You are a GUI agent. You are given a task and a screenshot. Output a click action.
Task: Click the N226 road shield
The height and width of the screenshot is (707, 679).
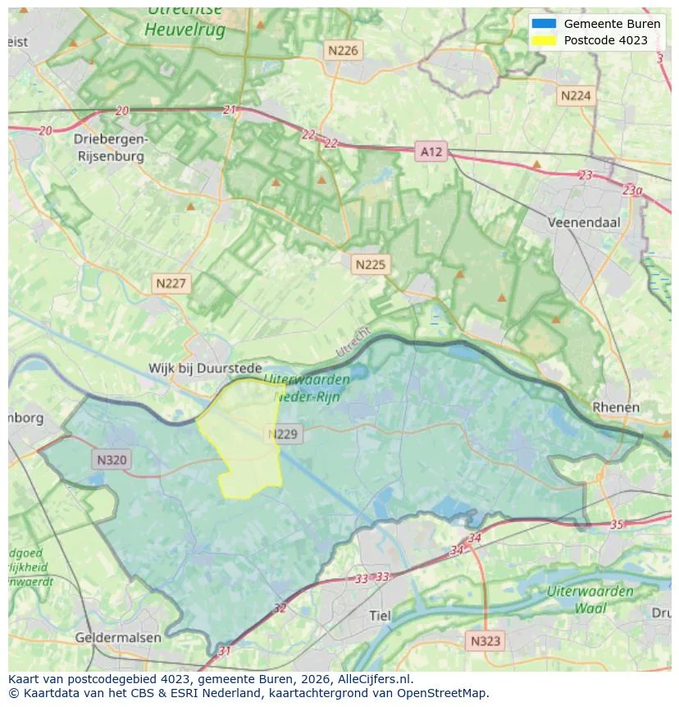pyautogui.click(x=343, y=50)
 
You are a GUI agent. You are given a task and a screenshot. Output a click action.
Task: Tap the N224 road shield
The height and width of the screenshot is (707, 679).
pyautogui.click(x=575, y=96)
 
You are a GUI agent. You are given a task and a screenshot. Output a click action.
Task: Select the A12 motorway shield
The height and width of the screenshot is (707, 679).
pyautogui.click(x=431, y=152)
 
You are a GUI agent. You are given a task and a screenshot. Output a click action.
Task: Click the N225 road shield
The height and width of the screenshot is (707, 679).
pyautogui.click(x=370, y=264)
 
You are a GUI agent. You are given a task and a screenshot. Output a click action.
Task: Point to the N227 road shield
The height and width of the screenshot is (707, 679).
pyautogui.click(x=171, y=283)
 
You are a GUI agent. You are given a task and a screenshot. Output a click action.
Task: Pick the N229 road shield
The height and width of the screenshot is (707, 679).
pyautogui.click(x=285, y=434)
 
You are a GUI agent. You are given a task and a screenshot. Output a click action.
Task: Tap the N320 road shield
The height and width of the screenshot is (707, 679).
pyautogui.click(x=111, y=460)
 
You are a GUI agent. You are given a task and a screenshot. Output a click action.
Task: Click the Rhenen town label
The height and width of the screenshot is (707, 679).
pyautogui.click(x=616, y=407)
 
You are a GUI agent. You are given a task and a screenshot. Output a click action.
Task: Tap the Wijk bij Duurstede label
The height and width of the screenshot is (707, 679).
pyautogui.click(x=205, y=369)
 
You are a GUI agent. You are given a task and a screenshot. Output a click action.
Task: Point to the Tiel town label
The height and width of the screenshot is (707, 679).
pyautogui.click(x=381, y=616)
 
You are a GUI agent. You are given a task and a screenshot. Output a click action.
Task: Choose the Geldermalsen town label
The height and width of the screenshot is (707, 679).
pyautogui.click(x=118, y=637)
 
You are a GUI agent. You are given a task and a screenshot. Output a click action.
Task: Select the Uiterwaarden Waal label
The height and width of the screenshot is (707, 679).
pyautogui.click(x=590, y=599)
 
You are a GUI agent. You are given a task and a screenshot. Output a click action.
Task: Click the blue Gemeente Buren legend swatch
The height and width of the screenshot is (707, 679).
pyautogui.click(x=543, y=24)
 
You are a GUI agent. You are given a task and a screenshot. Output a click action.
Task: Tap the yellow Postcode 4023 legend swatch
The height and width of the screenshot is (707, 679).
pyautogui.click(x=543, y=40)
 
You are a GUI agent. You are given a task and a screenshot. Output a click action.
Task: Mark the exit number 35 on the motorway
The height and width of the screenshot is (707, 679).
pyautogui.click(x=617, y=524)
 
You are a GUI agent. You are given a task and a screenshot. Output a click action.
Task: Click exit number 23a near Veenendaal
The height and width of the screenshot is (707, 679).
pyautogui.click(x=632, y=190)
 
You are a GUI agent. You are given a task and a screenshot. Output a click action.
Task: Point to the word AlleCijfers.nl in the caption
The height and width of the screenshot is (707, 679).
pyautogui.click(x=375, y=680)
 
